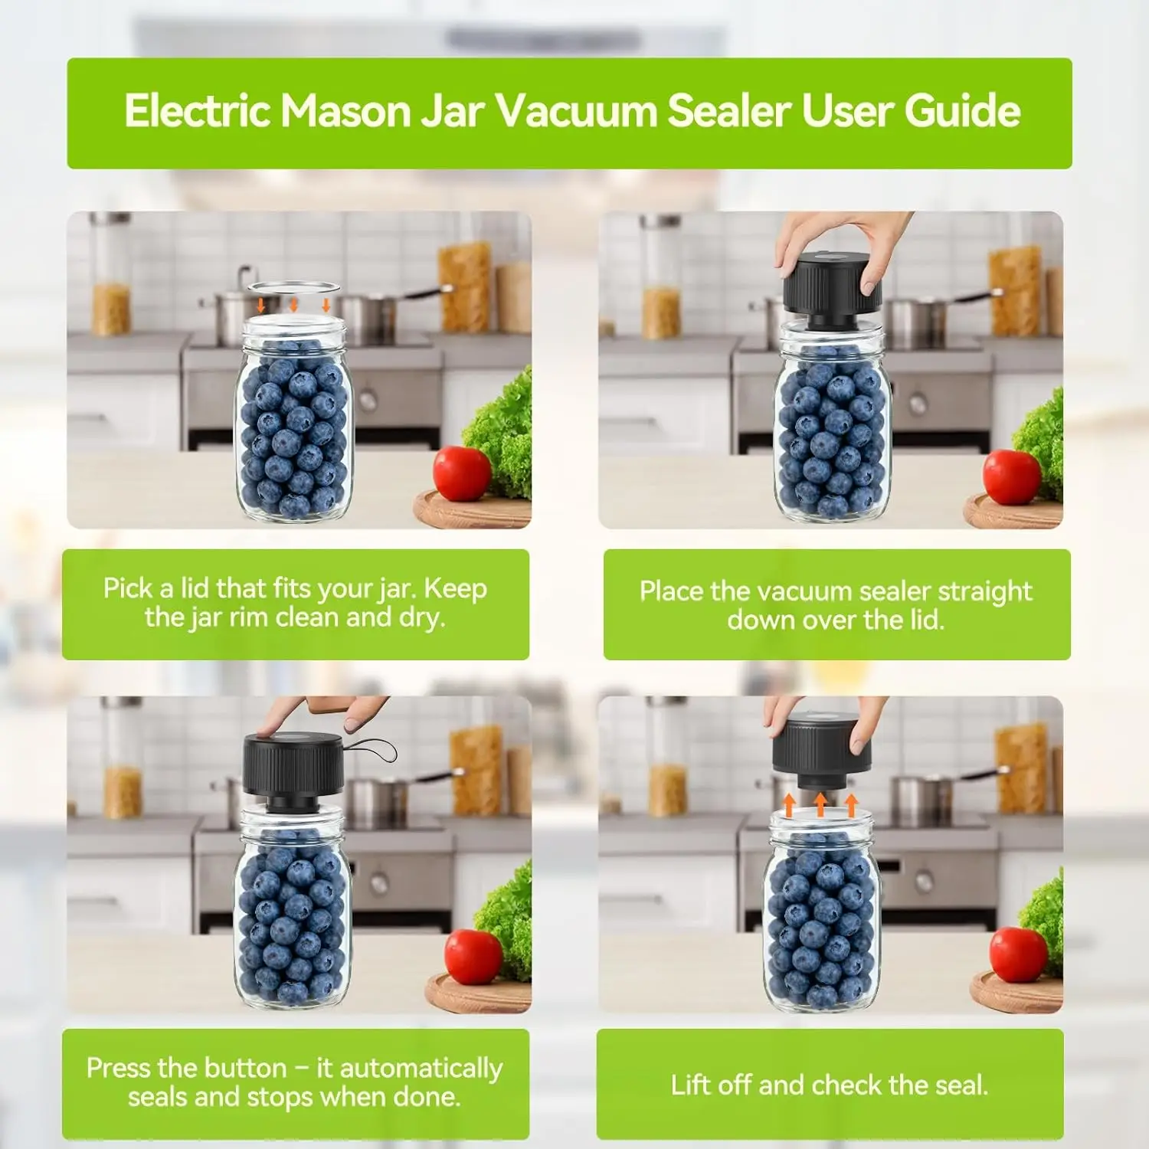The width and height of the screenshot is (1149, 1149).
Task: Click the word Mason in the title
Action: coord(345,111)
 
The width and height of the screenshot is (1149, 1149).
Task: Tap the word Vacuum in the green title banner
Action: coord(578,111)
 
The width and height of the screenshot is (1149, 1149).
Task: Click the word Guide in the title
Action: coord(963,111)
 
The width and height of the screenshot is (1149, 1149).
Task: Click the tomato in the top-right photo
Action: coord(1012,477)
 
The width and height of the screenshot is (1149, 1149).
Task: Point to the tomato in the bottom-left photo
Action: coord(473,956)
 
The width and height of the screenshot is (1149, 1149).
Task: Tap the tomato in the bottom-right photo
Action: coord(1018,954)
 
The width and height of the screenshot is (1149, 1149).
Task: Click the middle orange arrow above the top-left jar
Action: coord(293,305)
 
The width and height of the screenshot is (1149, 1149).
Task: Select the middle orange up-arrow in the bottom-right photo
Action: coord(820,804)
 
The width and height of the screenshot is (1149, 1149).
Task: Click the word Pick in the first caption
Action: coord(128,588)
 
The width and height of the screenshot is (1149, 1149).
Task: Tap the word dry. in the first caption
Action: coord(421,618)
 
